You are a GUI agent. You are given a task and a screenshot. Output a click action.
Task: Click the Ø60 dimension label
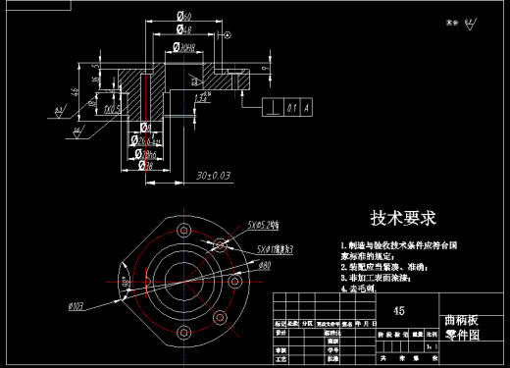tap(183, 16)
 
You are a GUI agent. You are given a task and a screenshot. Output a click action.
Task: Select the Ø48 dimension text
tap(183, 30)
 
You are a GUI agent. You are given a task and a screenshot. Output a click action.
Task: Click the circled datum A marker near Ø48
tap(228, 35)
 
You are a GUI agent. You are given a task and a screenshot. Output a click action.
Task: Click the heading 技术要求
tap(402, 217)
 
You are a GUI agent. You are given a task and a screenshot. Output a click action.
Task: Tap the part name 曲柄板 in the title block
tap(462, 320)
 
